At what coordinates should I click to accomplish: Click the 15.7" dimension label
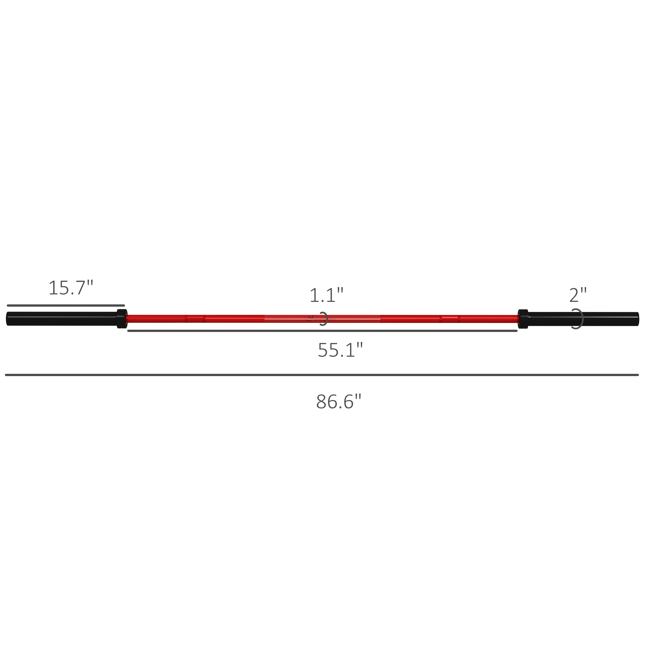tap(70, 288)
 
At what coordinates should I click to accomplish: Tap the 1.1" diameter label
tap(326, 295)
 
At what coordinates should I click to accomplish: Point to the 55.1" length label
tap(340, 350)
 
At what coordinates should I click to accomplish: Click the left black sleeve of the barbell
tap(62, 319)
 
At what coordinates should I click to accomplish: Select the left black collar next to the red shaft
tap(122, 319)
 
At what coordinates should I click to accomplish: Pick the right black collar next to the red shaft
tap(523, 319)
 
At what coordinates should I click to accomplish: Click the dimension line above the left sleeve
tap(66, 306)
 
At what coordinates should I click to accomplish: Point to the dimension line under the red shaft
tap(323, 331)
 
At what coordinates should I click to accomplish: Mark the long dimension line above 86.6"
tap(322, 375)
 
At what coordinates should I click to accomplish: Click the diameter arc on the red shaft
tap(325, 319)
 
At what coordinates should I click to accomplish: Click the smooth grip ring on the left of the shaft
tap(195, 319)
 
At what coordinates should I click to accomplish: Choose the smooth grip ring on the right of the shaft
tap(450, 319)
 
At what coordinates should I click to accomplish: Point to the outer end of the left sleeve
tap(8, 319)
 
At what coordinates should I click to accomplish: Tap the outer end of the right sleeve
tap(637, 319)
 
